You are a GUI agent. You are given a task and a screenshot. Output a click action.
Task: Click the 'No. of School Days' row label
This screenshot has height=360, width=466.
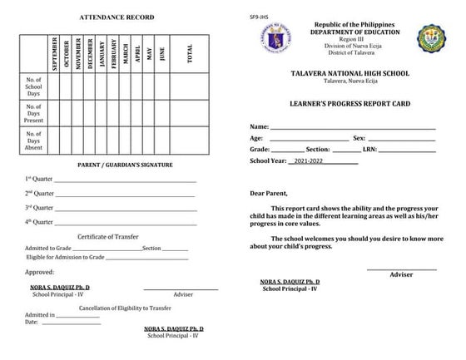pyautogui.click(x=33, y=86)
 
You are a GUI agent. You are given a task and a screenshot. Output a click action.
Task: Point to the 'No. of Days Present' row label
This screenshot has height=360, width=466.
pyautogui.click(x=33, y=112)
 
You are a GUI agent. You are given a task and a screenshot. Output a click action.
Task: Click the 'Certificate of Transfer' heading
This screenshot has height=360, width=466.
pyautogui.click(x=108, y=237)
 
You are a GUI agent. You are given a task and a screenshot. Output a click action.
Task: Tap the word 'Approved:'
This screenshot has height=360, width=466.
pyautogui.click(x=39, y=272)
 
